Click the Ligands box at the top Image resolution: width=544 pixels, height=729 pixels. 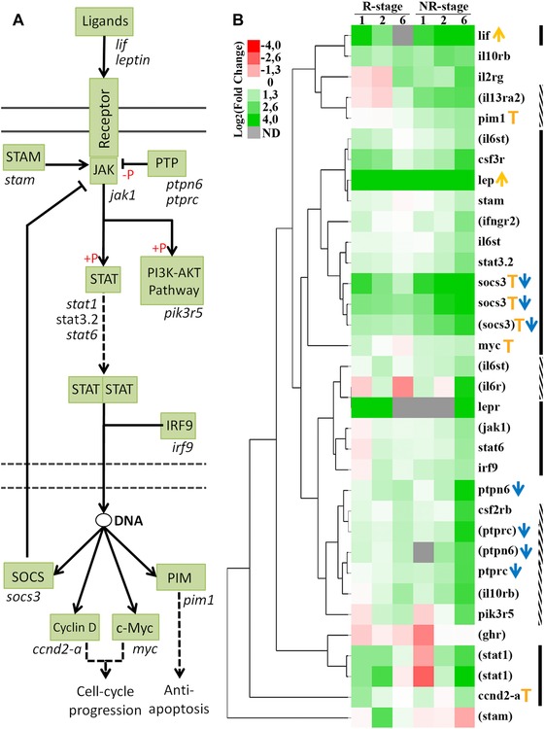pyautogui.click(x=105, y=21)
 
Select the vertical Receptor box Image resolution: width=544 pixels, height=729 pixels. pyautogui.click(x=104, y=119)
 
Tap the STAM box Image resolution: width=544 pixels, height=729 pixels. pyautogui.click(x=23, y=157)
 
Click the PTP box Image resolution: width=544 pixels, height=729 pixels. pyautogui.click(x=167, y=163)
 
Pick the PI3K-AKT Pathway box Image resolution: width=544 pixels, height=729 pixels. pyautogui.click(x=174, y=281)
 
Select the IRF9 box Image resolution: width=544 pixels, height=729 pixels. pyautogui.click(x=178, y=426)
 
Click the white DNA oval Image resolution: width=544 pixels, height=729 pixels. pyautogui.click(x=103, y=520)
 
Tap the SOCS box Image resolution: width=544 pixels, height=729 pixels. pyautogui.click(x=28, y=576)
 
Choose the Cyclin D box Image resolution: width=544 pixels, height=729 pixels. pyautogui.click(x=75, y=628)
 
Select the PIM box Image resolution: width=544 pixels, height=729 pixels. pyautogui.click(x=181, y=577)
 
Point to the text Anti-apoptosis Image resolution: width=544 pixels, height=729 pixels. pyautogui.click(x=179, y=700)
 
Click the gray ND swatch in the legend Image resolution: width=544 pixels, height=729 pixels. pyautogui.click(x=254, y=132)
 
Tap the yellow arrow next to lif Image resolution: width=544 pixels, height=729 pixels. pyautogui.click(x=499, y=34)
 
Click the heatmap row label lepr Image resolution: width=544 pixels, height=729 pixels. pyautogui.click(x=490, y=407)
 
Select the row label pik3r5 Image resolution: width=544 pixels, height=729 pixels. pyautogui.click(x=495, y=614)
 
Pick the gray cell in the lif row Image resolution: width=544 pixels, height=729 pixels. pyautogui.click(x=403, y=36)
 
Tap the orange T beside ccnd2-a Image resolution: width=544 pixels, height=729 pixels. pyautogui.click(x=527, y=696)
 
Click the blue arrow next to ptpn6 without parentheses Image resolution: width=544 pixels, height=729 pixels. pyautogui.click(x=518, y=489)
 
